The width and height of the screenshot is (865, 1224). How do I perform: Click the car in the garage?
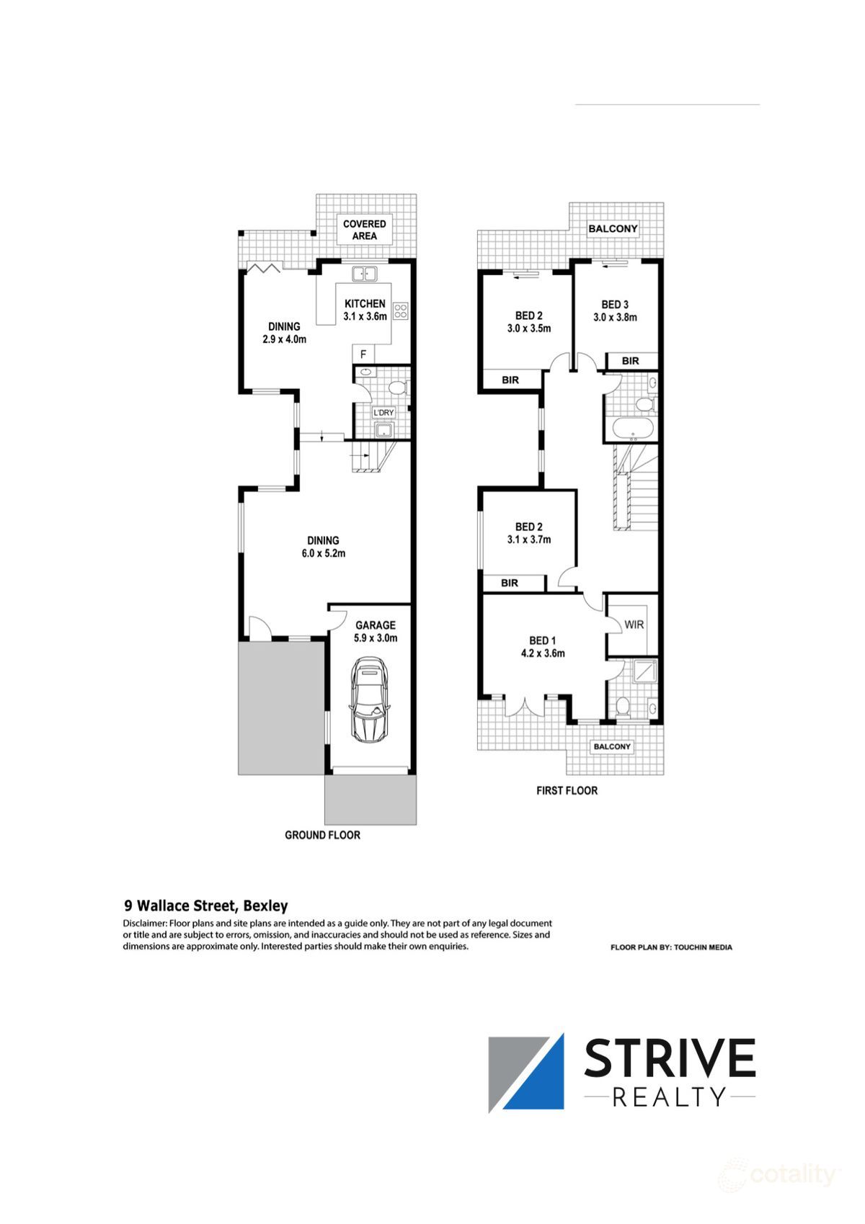click(x=370, y=700)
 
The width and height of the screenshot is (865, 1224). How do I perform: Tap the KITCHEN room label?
click(x=365, y=304)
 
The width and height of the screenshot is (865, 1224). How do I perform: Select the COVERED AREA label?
click(x=365, y=230)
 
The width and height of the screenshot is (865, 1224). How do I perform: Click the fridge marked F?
click(x=363, y=354)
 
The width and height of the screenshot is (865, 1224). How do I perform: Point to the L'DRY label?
click(x=383, y=413)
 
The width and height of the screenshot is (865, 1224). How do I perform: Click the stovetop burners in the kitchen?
click(x=401, y=311)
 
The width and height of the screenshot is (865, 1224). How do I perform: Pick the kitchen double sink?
click(x=365, y=274)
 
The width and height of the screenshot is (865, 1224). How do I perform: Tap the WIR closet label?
click(x=634, y=625)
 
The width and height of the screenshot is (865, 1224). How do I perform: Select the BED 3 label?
click(x=615, y=305)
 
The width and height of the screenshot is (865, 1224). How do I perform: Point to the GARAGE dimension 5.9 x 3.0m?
click(x=376, y=638)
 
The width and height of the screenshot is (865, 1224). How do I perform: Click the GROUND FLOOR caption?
click(x=322, y=835)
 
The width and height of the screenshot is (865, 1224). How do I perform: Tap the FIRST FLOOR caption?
click(x=567, y=790)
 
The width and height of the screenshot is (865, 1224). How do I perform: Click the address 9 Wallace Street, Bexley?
click(x=206, y=906)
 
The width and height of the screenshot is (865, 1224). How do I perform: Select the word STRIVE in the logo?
click(x=670, y=1058)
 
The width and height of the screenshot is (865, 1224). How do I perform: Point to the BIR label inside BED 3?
click(x=630, y=361)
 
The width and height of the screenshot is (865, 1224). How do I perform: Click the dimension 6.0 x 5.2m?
click(x=324, y=553)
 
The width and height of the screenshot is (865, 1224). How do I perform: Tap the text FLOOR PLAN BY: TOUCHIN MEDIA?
click(x=671, y=947)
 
